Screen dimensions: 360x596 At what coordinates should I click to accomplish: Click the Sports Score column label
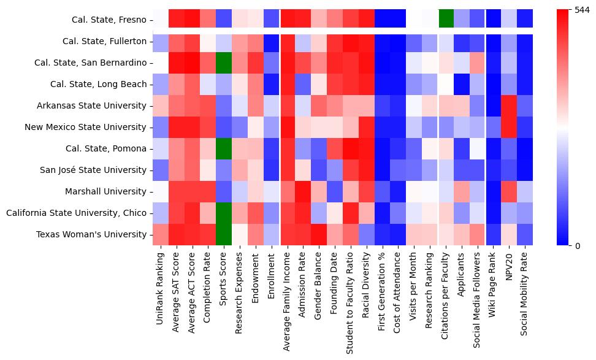[224, 282]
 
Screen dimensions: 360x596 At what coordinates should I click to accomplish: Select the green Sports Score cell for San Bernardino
[224, 63]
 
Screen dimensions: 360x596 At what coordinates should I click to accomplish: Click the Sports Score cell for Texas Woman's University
[224, 234]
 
